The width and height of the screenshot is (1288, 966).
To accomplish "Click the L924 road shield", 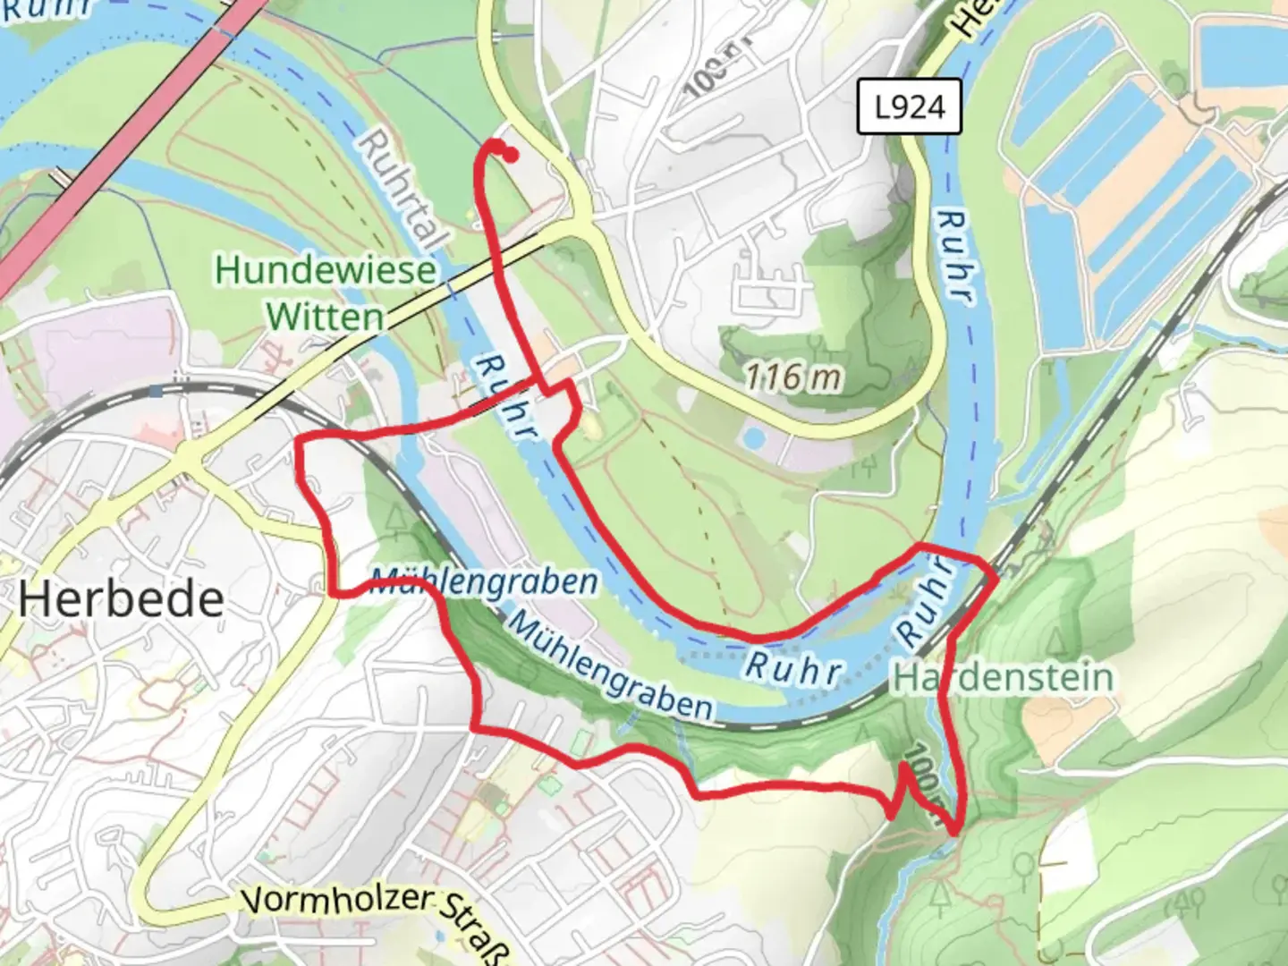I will [909, 107].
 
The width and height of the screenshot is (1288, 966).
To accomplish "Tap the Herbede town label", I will [121, 599].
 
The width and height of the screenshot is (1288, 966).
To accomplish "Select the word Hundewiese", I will [326, 270].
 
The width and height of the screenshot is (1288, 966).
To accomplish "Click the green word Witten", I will [325, 317].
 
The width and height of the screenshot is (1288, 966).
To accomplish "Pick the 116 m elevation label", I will [793, 377].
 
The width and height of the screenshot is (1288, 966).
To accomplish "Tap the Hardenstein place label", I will [1004, 678].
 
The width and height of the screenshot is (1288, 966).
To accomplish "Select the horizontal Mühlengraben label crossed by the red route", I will [484, 582].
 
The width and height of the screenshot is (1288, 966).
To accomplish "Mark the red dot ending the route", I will [511, 157].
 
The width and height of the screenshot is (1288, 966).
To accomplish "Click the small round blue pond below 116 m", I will [754, 438].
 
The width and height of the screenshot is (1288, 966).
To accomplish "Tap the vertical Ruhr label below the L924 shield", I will [954, 257].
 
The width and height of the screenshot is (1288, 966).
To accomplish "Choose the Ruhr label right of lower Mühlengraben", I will [792, 668].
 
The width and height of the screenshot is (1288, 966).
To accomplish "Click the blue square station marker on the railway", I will [157, 391].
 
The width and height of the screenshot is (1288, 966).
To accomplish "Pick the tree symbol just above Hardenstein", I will [1057, 640].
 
